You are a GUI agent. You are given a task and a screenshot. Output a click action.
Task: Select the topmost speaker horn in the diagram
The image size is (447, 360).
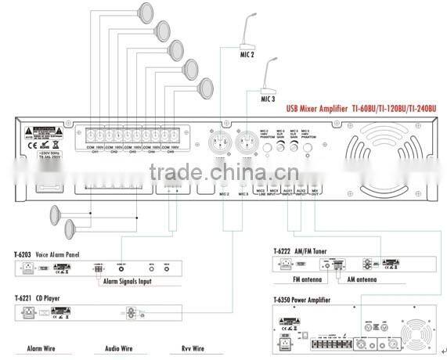pos(144,12)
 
